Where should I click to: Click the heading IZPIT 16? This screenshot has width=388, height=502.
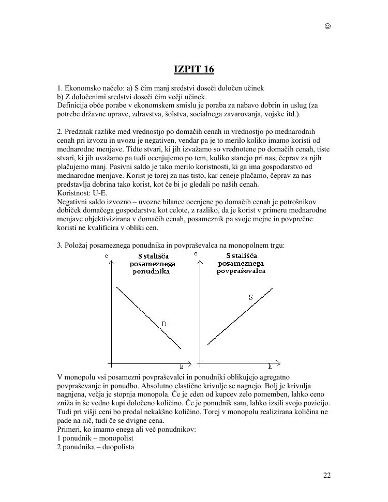(193, 69)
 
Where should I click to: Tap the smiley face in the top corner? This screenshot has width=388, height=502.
(327, 26)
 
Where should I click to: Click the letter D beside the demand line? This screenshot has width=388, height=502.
(163, 324)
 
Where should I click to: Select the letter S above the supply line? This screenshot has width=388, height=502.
(251, 297)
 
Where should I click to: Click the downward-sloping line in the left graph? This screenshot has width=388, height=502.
(148, 317)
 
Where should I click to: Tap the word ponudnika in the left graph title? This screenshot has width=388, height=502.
(151, 271)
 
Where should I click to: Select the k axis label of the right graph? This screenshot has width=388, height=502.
(270, 367)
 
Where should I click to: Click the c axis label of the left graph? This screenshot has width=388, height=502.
(107, 256)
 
